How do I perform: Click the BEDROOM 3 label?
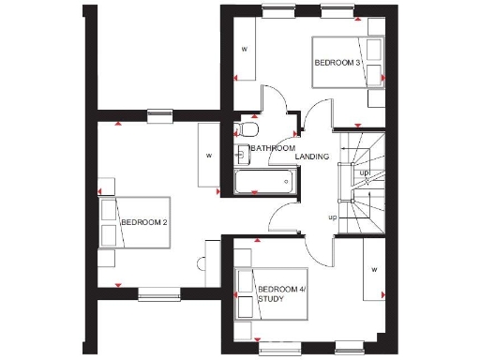pyautogui.click(x=337, y=63)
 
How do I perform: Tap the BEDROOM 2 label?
pyautogui.click(x=143, y=222)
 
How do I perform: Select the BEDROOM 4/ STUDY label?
pyautogui.click(x=282, y=294)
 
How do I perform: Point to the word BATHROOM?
pyautogui.click(x=273, y=148)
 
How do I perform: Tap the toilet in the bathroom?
pyautogui.click(x=247, y=128)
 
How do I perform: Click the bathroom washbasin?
pyautogui.click(x=242, y=154)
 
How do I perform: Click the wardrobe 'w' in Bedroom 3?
pyautogui.click(x=244, y=49)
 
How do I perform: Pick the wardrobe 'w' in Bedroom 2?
pyautogui.click(x=209, y=155)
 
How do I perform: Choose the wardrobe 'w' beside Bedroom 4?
pyautogui.click(x=373, y=270)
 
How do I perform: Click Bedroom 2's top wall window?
pyautogui.click(x=160, y=115)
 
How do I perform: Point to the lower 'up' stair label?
pyautogui.click(x=332, y=217)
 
